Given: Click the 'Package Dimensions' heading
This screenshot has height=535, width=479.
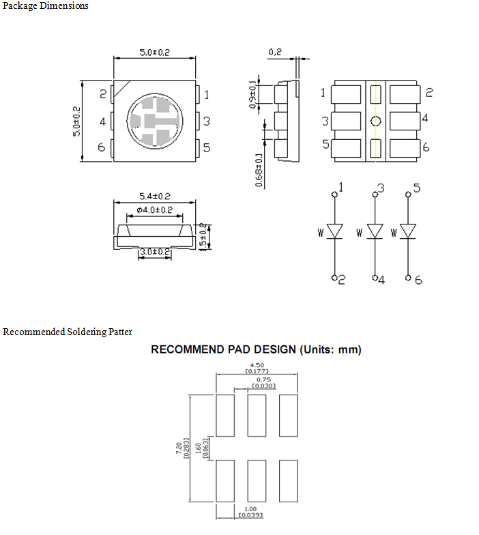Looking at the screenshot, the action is pos(45,5).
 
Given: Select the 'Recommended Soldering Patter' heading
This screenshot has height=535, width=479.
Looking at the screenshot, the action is pos(67,332).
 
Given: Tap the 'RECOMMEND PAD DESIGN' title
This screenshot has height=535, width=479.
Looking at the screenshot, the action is pos(224,349).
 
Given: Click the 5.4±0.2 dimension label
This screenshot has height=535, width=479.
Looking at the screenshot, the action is pos(154,197).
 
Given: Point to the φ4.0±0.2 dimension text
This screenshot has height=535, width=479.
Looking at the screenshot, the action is pos(154,210).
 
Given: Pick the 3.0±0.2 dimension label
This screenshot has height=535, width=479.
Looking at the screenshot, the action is pos(155,252).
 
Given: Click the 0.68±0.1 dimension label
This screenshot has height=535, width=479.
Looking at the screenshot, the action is pos(259,170).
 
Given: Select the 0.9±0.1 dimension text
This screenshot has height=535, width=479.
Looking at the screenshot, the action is pos(252,94).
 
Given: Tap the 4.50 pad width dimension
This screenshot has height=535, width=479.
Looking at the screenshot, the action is pos(257,365).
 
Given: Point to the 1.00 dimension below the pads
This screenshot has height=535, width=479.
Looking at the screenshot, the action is pos(250,509).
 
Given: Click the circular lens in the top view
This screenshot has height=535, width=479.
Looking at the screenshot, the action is pos(155,121).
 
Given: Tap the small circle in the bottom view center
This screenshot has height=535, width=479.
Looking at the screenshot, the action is pos(375,121).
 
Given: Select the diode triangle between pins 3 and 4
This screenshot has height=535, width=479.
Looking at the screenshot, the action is pos(375,231).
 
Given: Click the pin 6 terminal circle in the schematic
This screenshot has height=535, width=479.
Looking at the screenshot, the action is pos(408,278).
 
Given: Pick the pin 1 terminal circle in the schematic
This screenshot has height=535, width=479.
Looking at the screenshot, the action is pos(334,194).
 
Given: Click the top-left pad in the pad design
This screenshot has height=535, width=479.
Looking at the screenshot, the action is pos(225,416).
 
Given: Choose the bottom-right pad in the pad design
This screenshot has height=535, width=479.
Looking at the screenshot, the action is pos(288,480).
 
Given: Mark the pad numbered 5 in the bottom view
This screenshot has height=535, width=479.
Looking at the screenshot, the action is pos(345,149).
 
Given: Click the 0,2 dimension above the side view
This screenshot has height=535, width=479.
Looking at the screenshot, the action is pos(275,52).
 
